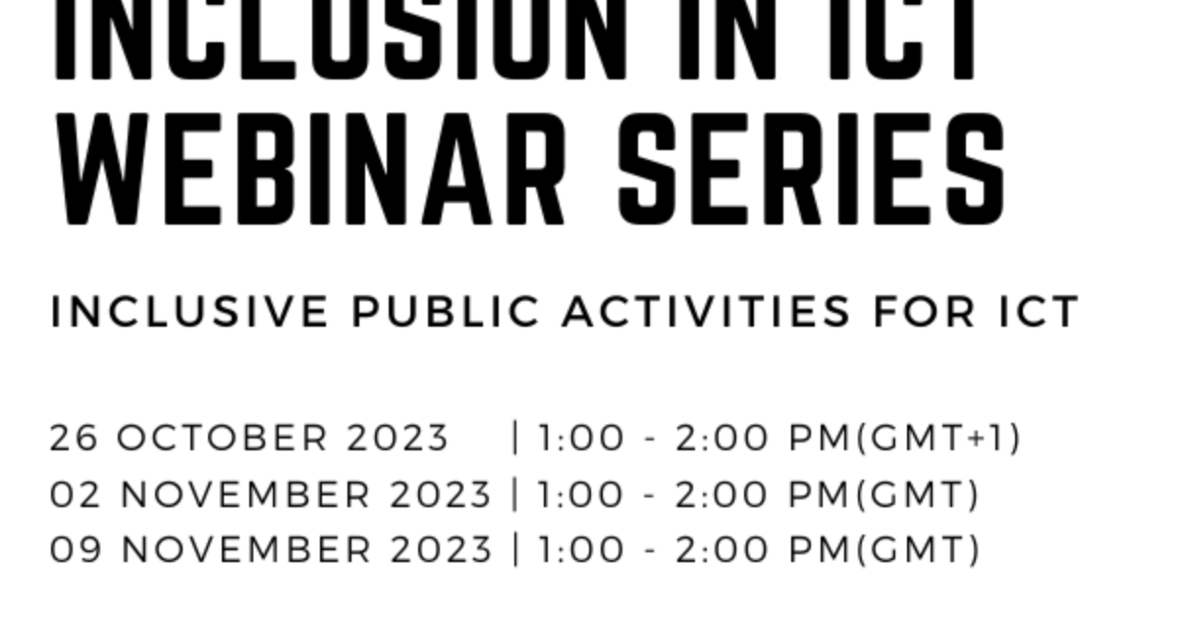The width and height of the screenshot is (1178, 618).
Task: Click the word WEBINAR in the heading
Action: tap(309, 169)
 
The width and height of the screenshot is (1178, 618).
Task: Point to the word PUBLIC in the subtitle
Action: tap(446, 312)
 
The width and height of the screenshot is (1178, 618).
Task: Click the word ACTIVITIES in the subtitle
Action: tap(707, 312)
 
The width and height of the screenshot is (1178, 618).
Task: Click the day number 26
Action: tap(74, 438)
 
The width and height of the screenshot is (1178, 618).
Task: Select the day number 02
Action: tap(75, 494)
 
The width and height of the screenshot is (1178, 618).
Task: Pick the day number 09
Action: tap(75, 550)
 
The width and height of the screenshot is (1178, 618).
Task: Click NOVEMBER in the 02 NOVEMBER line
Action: tap(245, 494)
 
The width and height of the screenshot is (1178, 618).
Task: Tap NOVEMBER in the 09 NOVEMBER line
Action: tap(245, 550)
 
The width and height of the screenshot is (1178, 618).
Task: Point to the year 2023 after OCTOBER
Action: tap(398, 438)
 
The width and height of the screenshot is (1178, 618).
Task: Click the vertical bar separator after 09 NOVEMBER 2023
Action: tap(515, 550)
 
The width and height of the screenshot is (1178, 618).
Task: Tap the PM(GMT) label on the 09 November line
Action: tap(884, 550)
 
